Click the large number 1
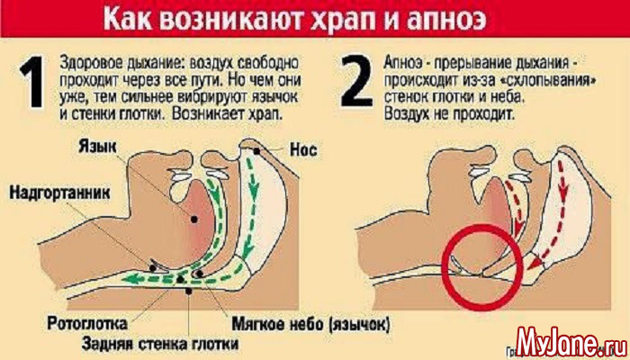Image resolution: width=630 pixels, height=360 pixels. pos(32,82)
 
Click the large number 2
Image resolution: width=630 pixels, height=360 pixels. pos(357,82)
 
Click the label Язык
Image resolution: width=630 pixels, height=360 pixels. pos(97,147)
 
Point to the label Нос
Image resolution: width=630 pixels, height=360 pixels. pos(303,150)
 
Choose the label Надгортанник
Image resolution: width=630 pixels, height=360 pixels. pos(59,192)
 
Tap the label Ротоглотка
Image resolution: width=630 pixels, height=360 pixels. pos(87,323)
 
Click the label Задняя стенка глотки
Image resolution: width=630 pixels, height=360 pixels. pos(159,344)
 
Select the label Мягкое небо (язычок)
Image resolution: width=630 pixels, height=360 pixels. pos(311,323)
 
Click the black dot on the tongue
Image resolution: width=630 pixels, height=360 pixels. pos(194,220)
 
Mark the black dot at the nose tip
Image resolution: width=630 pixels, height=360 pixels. pos(256,151)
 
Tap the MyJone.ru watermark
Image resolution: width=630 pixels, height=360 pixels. pos(570,343)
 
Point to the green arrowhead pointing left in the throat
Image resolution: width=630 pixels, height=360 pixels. pos(129,279)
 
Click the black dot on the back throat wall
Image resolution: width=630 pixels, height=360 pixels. pos(188,291)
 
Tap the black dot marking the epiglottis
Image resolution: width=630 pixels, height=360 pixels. pos(153,267)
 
